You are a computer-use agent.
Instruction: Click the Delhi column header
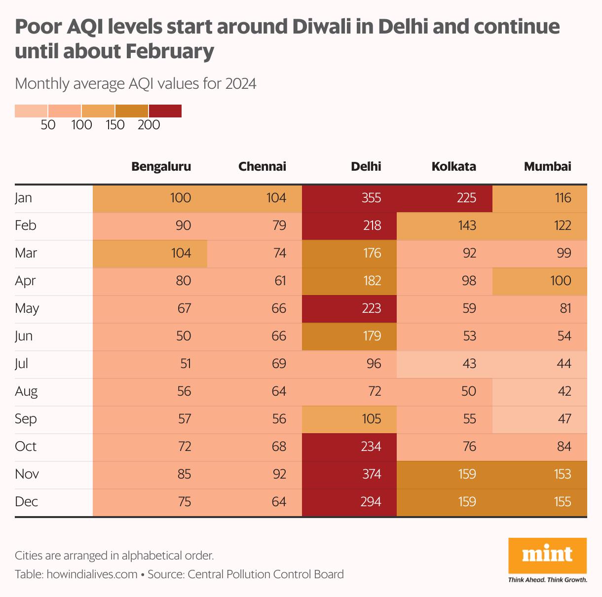click(x=366, y=166)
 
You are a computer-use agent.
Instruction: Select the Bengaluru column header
click(x=161, y=166)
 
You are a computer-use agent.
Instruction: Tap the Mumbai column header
click(x=547, y=166)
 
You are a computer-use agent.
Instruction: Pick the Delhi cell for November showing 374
click(x=349, y=474)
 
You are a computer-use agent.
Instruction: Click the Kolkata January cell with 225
click(x=445, y=198)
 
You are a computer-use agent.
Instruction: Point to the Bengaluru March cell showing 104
click(x=150, y=253)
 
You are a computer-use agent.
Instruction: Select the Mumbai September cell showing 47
click(x=540, y=419)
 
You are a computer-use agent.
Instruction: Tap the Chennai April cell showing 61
click(x=255, y=281)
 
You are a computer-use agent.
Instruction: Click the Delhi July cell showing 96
click(x=349, y=364)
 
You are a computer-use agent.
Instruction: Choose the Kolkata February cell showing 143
click(x=445, y=225)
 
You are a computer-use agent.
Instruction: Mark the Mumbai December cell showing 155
click(x=540, y=502)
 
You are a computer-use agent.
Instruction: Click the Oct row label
click(x=26, y=447)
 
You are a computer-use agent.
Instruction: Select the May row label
click(x=27, y=308)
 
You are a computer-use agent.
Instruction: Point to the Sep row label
click(x=26, y=419)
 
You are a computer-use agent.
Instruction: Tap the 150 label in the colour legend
click(x=115, y=125)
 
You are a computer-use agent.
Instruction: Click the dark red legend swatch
click(x=165, y=111)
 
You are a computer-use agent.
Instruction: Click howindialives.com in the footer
click(x=92, y=574)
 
